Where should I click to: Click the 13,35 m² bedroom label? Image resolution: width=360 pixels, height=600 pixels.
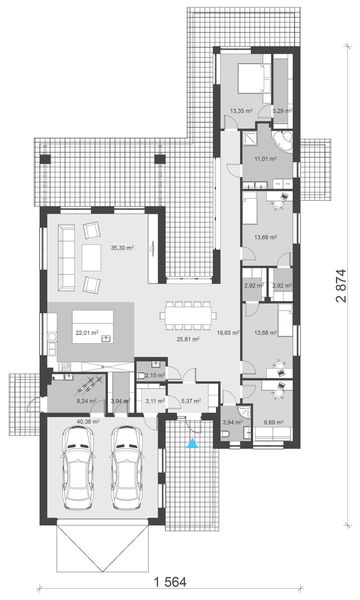pyautogui.click(x=241, y=111)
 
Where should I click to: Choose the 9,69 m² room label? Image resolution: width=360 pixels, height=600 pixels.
pyautogui.click(x=273, y=423)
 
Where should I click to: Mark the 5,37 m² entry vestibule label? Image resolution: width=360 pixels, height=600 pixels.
pyautogui.click(x=190, y=401)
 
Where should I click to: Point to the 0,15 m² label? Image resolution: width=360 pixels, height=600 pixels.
pyautogui.click(x=155, y=375)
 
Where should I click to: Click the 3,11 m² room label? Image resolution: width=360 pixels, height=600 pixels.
pyautogui.click(x=155, y=401)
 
